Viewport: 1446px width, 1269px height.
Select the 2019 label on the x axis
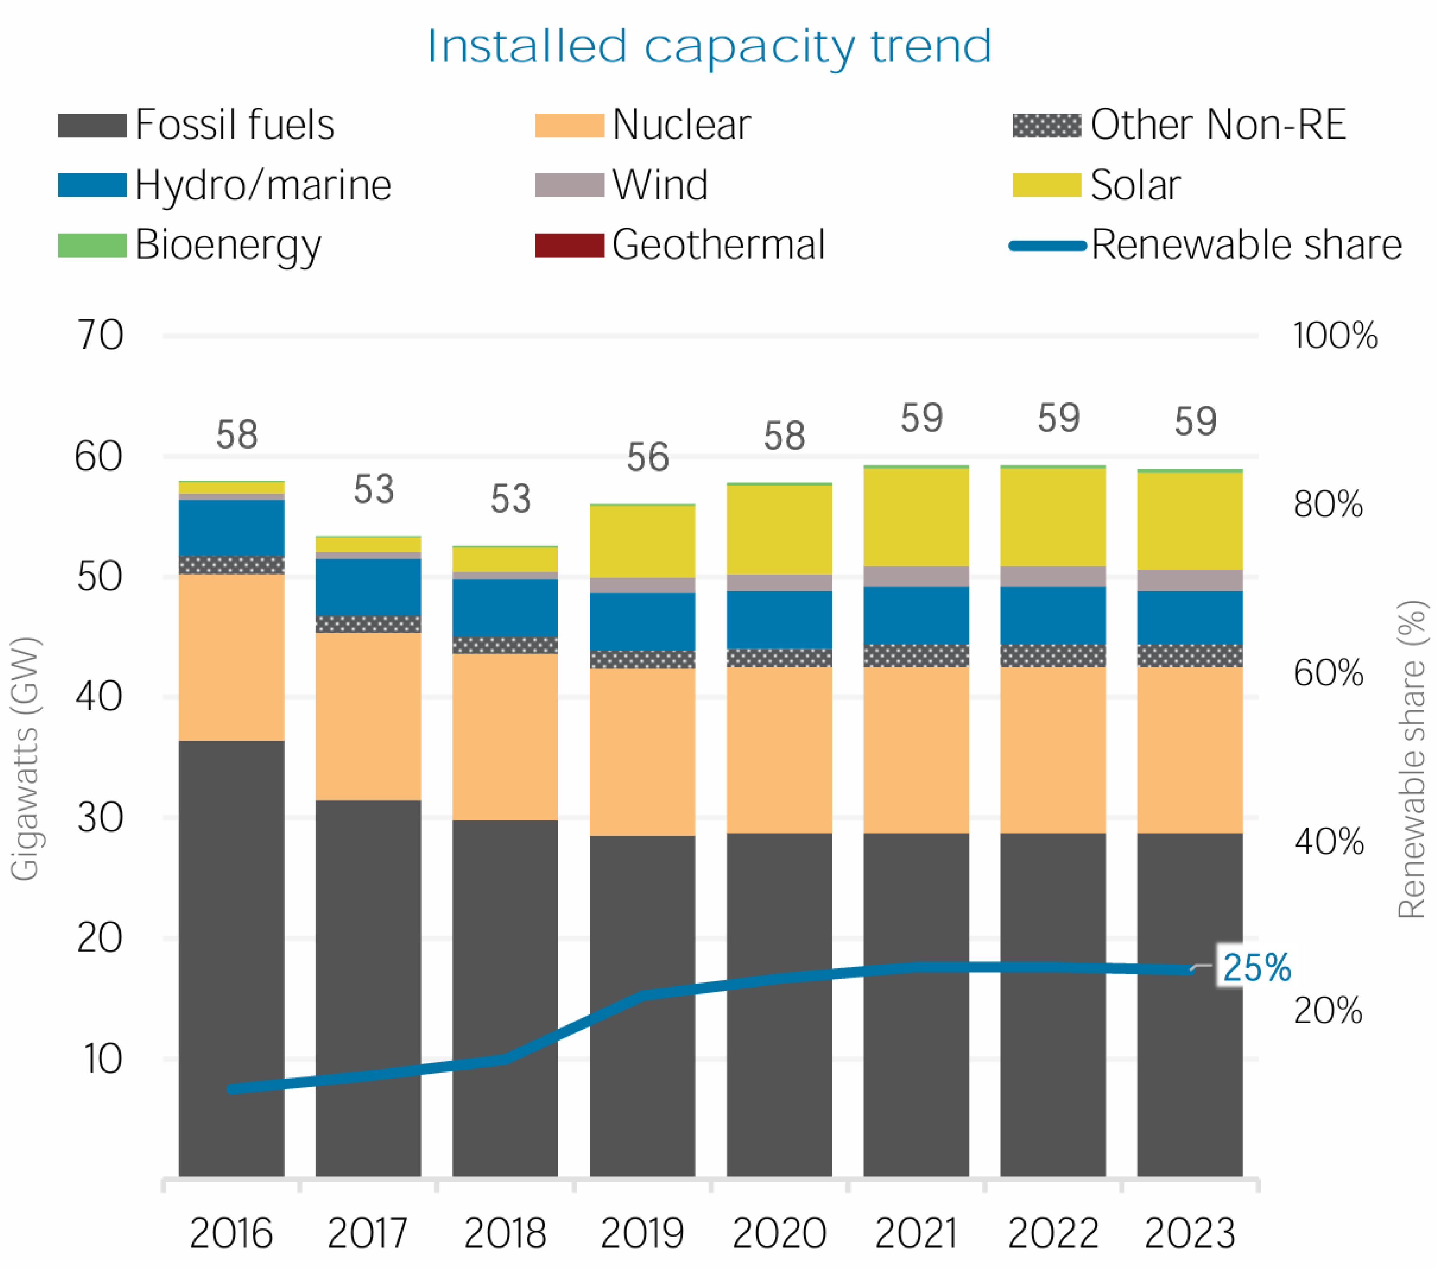(642, 1233)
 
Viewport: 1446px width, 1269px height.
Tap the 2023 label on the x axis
(1190, 1233)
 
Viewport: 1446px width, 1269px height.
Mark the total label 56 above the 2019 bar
(647, 457)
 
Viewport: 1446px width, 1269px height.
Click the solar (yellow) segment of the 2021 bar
(916, 517)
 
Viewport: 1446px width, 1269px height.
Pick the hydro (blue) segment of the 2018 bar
(505, 608)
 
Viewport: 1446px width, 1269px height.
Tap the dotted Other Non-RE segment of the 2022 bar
(1053, 656)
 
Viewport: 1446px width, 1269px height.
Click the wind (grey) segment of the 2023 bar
(1190, 580)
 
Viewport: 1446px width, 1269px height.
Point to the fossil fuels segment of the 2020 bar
(779, 1004)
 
